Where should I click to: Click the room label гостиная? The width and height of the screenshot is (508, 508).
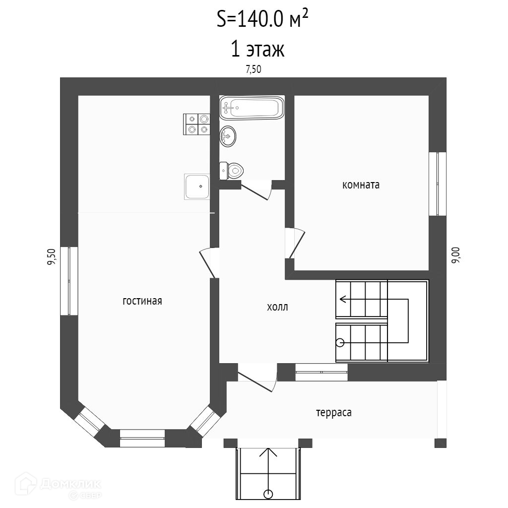pyautogui.click(x=142, y=301)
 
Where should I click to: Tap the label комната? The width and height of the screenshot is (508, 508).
pyautogui.click(x=361, y=185)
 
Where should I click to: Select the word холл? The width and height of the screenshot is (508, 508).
pyautogui.click(x=277, y=307)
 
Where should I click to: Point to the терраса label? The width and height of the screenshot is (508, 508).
pyautogui.click(x=333, y=412)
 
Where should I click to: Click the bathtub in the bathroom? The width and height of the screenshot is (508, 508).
pyautogui.click(x=252, y=108)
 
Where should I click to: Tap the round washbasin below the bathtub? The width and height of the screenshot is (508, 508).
pyautogui.click(x=228, y=135)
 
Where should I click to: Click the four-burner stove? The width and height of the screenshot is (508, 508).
pyautogui.click(x=197, y=124)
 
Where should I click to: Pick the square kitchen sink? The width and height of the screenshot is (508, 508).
pyautogui.click(x=197, y=187)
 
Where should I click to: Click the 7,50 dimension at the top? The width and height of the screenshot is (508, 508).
pyautogui.click(x=254, y=69)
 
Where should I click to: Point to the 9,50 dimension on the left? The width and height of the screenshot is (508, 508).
pyautogui.click(x=51, y=257)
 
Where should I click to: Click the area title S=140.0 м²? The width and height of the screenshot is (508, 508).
pyautogui.click(x=265, y=20)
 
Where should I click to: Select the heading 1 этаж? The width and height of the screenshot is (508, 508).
pyautogui.click(x=257, y=50)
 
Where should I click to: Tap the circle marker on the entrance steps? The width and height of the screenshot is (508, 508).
pyautogui.click(x=268, y=494)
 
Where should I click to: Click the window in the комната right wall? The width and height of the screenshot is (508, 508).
pyautogui.click(x=437, y=184)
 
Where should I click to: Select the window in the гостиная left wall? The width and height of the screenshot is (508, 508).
pyautogui.click(x=69, y=280)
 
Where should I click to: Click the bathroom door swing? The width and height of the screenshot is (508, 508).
pyautogui.click(x=258, y=190)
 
